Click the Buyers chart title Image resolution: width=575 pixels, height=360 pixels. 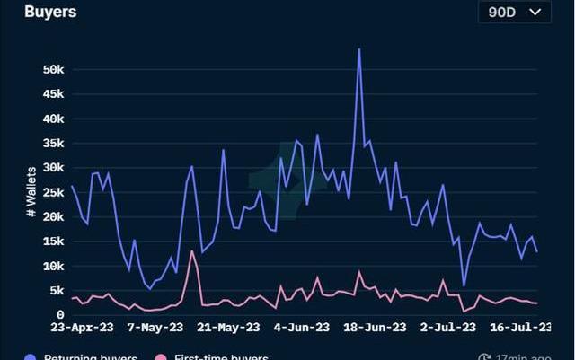tap(50, 13)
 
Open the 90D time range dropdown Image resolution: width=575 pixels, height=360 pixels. tap(513, 12)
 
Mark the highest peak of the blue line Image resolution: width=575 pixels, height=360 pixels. tap(359, 49)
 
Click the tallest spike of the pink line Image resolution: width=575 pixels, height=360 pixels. tap(192, 251)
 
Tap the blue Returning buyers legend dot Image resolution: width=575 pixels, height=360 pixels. tap(31, 357)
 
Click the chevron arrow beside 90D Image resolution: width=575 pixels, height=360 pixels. tap(535, 12)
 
